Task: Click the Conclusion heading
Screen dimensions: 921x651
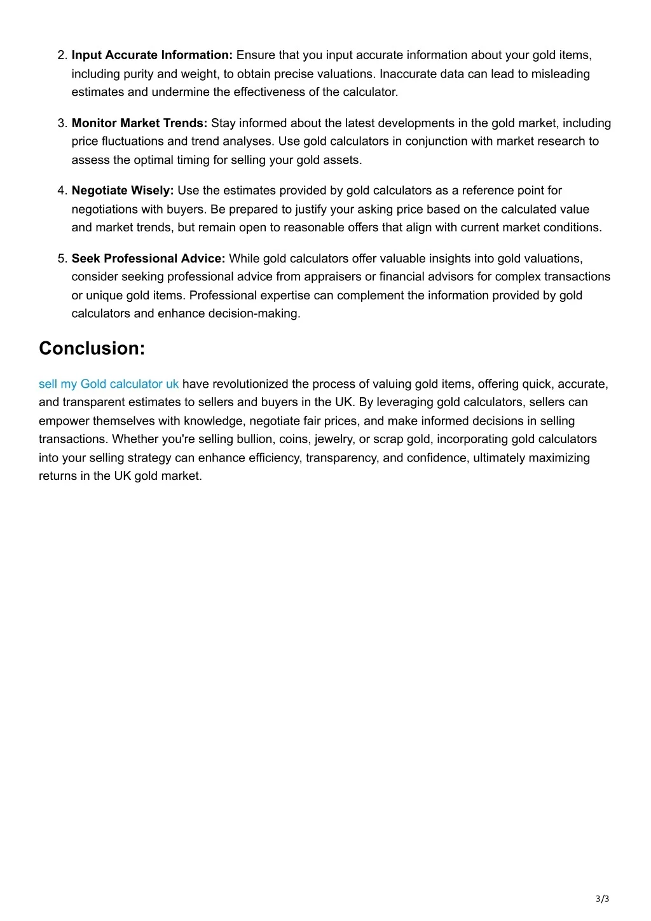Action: (x=92, y=348)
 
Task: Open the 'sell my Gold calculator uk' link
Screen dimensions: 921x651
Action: (x=109, y=384)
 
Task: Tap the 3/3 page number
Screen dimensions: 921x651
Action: (x=602, y=899)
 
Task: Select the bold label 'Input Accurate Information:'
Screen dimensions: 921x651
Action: (x=152, y=55)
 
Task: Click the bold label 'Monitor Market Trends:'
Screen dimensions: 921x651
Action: (x=139, y=123)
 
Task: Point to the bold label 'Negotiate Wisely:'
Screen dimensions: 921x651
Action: (x=123, y=191)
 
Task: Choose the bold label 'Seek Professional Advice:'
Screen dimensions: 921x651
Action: (x=148, y=259)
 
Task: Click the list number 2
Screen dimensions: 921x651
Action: (x=62, y=55)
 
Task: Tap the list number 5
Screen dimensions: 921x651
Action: (x=62, y=259)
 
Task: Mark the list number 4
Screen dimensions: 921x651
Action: (x=62, y=191)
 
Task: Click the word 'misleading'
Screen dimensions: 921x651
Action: (x=561, y=74)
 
